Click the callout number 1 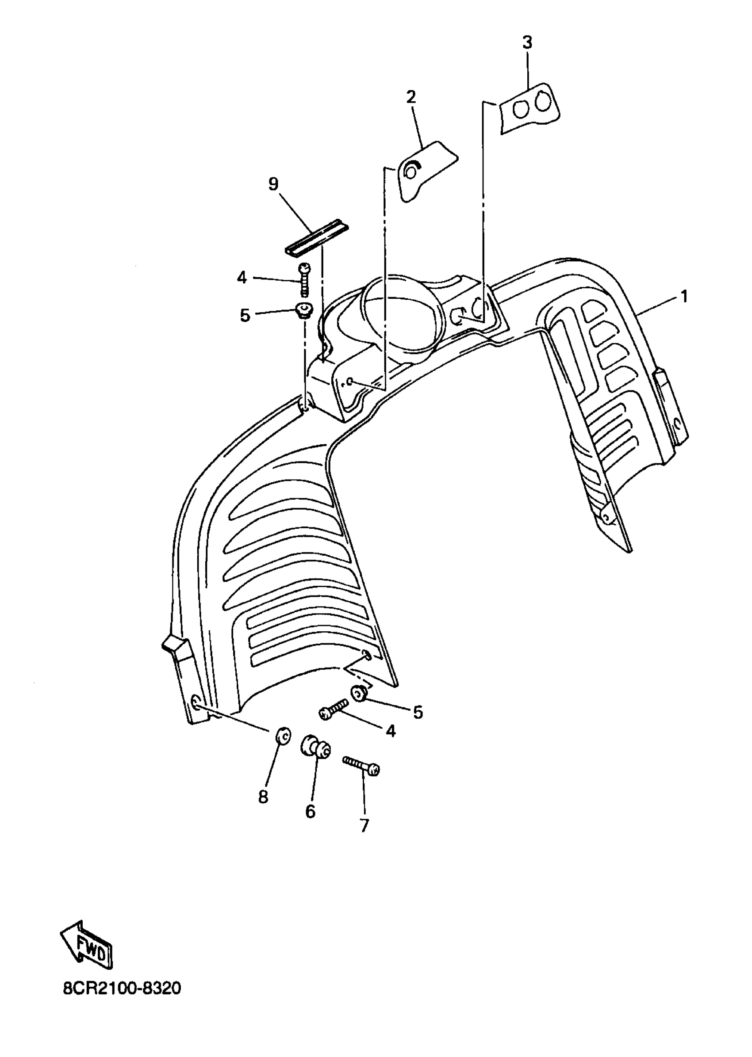click(x=683, y=296)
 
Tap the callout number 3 click(x=527, y=42)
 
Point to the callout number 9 click(x=273, y=185)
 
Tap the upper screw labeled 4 click(x=304, y=280)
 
